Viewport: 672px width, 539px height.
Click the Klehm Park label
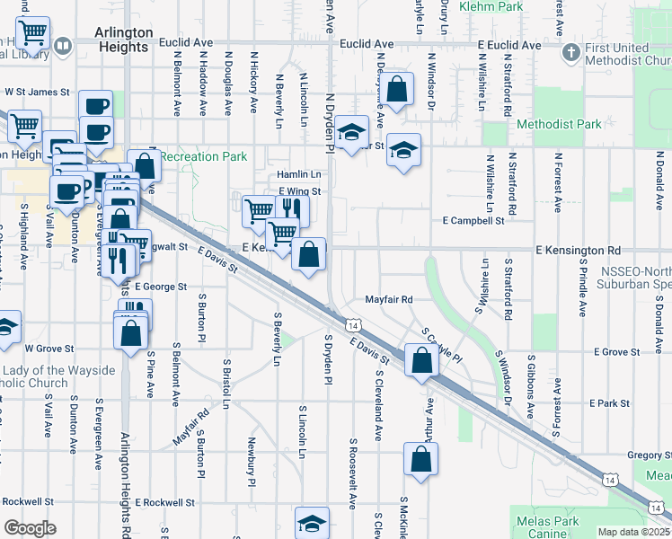(491, 6)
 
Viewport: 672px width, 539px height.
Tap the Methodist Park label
(560, 124)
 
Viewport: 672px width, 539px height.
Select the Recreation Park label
(204, 156)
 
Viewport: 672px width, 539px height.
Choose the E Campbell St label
(473, 220)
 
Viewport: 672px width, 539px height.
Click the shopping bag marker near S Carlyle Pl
(421, 361)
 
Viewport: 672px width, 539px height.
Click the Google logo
(30, 528)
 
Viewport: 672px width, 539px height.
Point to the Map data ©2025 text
(633, 532)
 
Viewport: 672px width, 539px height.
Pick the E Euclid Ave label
(509, 44)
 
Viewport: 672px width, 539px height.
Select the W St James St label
(37, 92)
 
